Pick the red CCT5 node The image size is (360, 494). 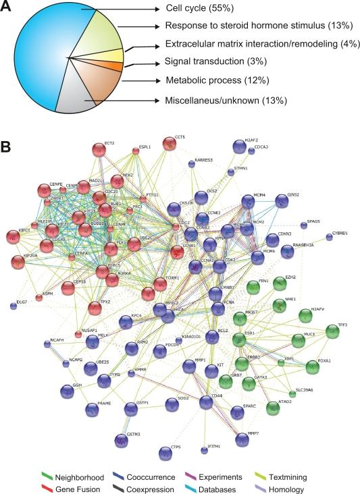click(x=169, y=144)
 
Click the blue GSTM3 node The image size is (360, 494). click(x=120, y=441)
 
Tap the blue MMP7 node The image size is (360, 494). click(x=243, y=439)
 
